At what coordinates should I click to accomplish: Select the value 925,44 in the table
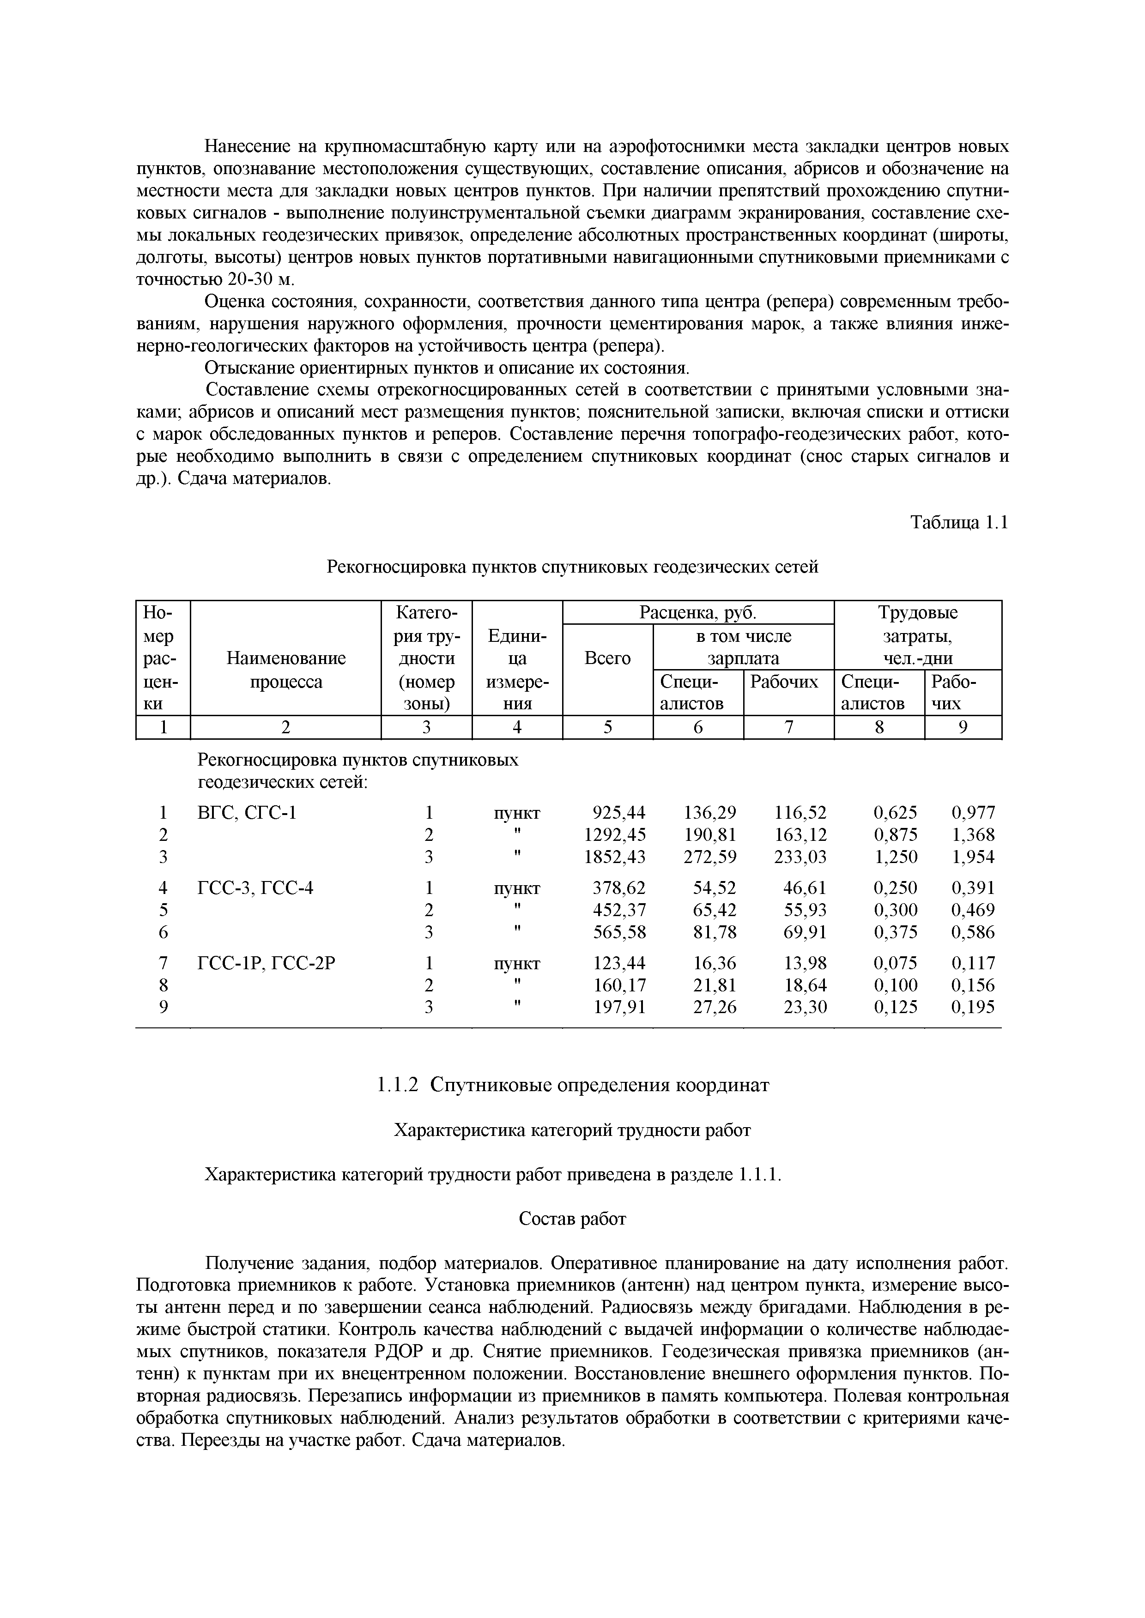[619, 813]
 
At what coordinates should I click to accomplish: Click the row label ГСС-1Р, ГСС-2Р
[267, 963]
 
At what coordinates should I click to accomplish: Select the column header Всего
[608, 658]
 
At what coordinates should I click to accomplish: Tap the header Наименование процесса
[285, 670]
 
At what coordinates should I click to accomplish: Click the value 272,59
[710, 857]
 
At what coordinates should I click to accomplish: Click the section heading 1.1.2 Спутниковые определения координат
[572, 1085]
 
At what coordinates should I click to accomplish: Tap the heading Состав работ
[572, 1219]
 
